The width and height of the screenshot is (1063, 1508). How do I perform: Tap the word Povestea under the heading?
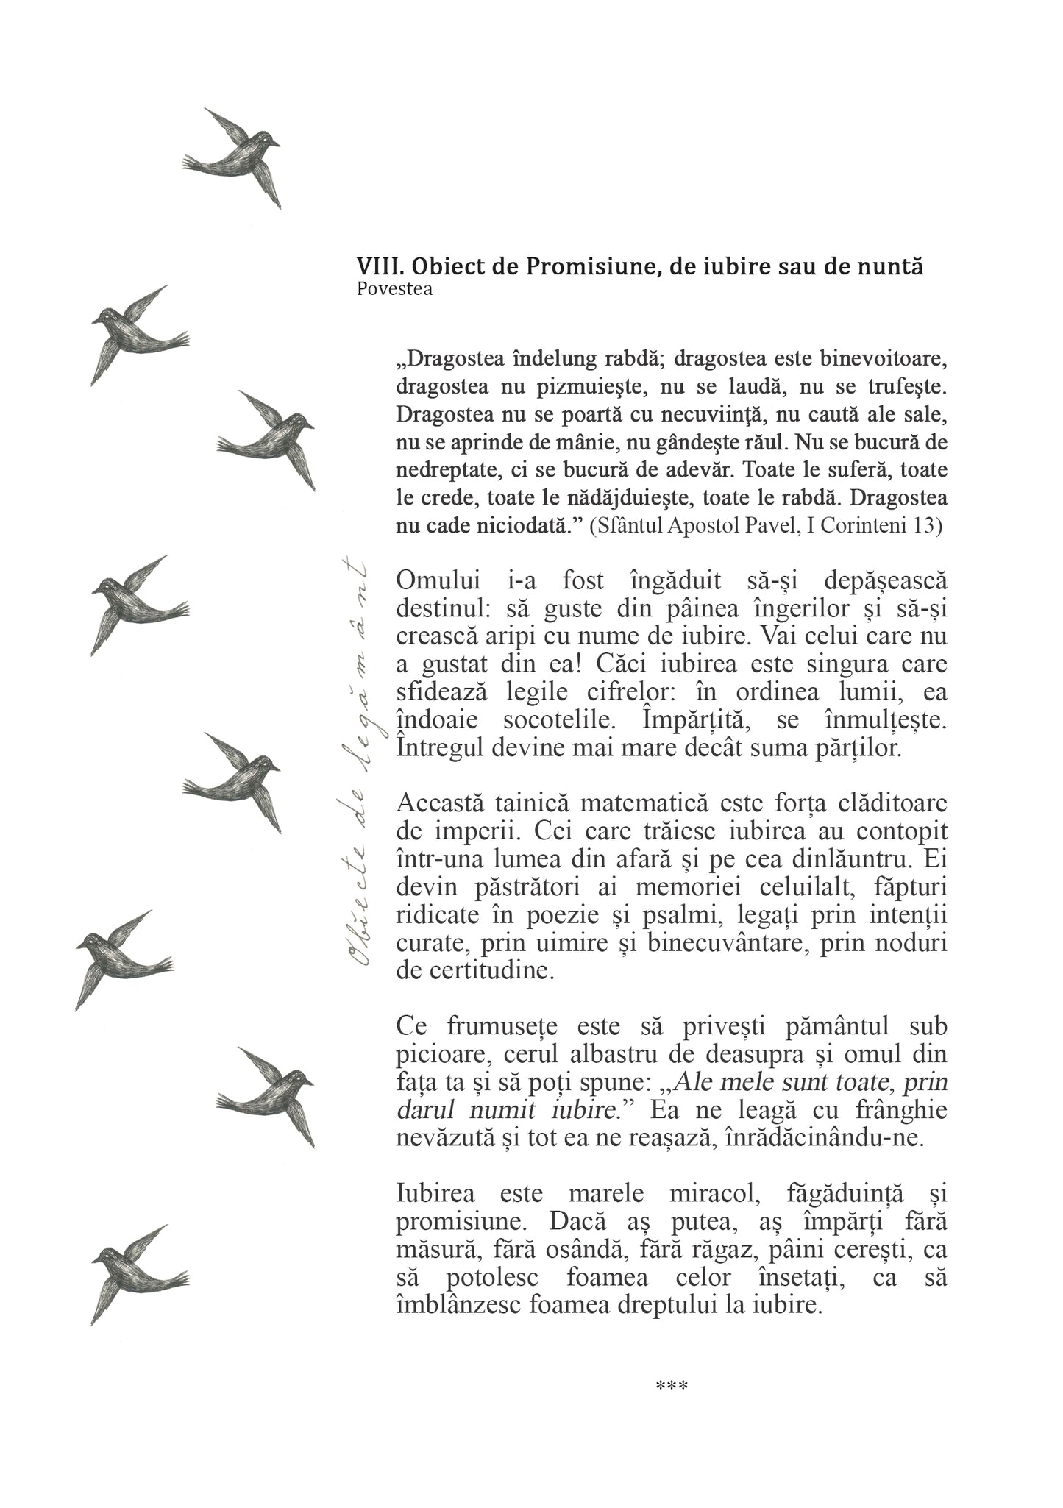pos(394,289)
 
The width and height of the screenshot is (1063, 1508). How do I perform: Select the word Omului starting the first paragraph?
pos(438,580)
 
